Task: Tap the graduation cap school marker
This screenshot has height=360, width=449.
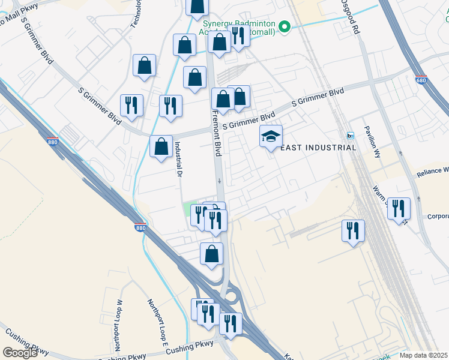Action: pos(271,137)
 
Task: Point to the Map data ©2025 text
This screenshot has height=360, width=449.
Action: pos(423,355)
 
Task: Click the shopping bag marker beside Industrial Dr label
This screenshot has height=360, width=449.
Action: pos(161,147)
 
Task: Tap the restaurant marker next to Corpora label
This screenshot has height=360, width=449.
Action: pos(399,209)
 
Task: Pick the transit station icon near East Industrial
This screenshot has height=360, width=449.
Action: pos(351,134)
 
